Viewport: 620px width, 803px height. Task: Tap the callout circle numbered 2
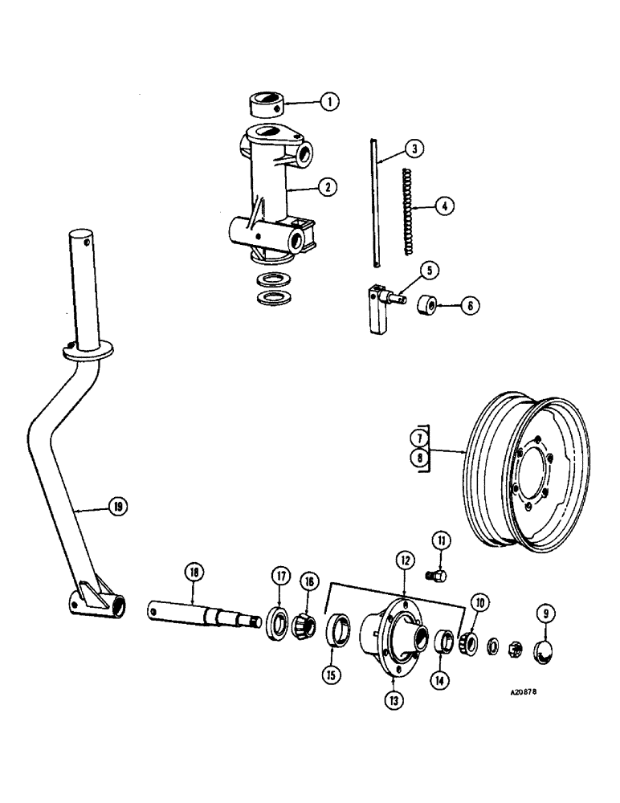[x=326, y=187]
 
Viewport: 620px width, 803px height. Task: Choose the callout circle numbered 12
[x=403, y=561]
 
